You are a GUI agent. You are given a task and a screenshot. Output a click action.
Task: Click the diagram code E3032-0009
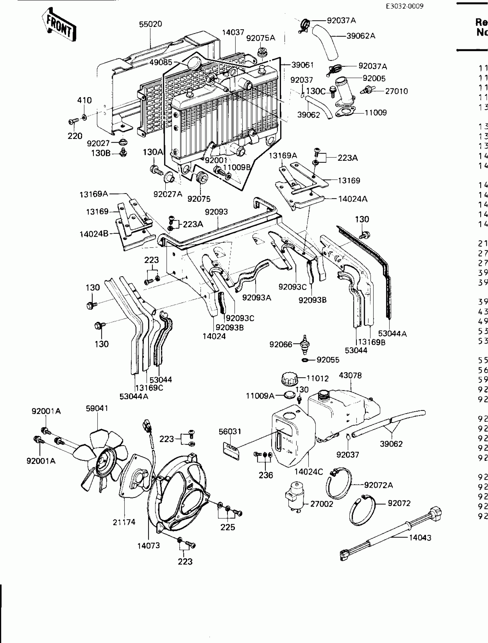(404, 6)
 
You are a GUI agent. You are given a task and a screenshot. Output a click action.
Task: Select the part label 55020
(150, 24)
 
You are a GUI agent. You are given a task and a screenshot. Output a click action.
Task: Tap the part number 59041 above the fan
(97, 408)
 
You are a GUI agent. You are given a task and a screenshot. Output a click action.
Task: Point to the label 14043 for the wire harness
(420, 538)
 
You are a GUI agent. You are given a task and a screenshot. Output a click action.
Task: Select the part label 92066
(281, 344)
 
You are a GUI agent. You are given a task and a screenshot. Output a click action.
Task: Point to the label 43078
(350, 376)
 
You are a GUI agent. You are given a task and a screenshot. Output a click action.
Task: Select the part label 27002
(322, 504)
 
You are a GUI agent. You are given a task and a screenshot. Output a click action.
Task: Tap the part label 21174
(124, 522)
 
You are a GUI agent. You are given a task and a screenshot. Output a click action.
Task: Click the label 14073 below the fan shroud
(149, 546)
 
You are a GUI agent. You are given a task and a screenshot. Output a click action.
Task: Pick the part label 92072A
(379, 485)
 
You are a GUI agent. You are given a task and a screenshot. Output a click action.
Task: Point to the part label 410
(84, 101)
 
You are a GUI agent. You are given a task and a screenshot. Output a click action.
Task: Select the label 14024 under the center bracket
(214, 336)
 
